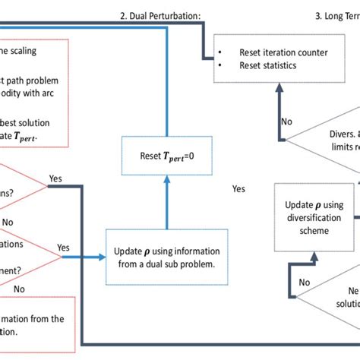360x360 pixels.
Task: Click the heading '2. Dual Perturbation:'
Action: point(159,15)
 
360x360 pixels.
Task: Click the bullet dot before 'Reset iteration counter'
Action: point(220,52)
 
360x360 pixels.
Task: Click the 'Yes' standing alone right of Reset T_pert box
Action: point(238,188)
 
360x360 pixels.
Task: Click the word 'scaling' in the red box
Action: point(20,51)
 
